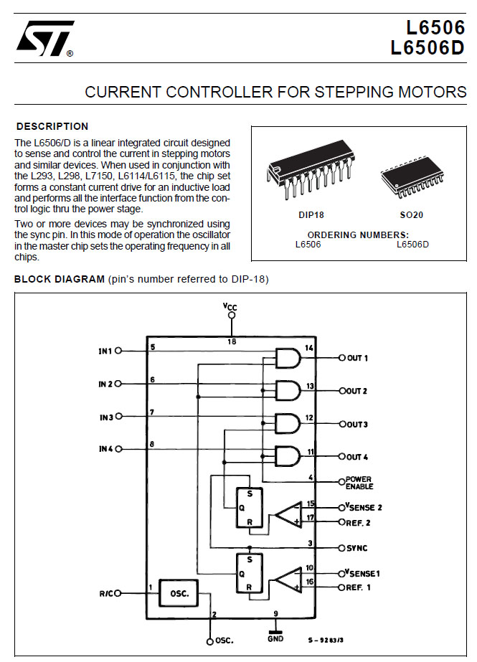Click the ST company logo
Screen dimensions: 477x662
(45, 39)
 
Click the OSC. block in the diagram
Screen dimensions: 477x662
(179, 593)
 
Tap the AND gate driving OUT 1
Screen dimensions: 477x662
(288, 358)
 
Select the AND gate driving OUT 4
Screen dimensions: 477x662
(288, 456)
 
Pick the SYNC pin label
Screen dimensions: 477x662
(357, 548)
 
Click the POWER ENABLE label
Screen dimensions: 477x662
(359, 483)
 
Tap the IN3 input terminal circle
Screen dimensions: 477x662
(118, 416)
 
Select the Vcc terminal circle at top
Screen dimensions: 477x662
(231, 316)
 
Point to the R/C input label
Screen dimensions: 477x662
(107, 594)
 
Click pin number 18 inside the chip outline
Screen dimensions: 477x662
(232, 341)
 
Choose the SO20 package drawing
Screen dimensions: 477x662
(412, 176)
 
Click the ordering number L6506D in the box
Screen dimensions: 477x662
(412, 245)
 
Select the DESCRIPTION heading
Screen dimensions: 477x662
(52, 126)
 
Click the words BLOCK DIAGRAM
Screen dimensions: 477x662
(59, 279)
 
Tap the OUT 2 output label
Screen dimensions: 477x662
(356, 391)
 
